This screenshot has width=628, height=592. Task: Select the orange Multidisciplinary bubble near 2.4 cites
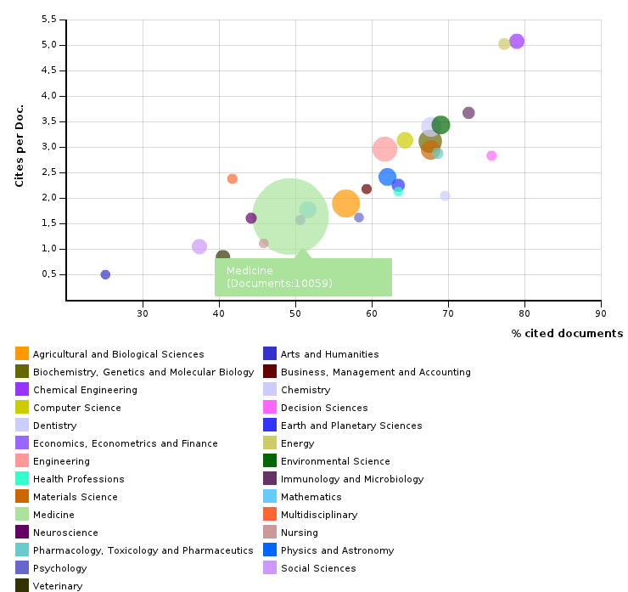pyautogui.click(x=233, y=179)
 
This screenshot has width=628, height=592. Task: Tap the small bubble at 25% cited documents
pyautogui.click(x=105, y=274)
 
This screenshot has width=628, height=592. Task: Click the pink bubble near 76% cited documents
pyautogui.click(x=491, y=155)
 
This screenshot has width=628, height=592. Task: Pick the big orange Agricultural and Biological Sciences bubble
pyautogui.click(x=345, y=204)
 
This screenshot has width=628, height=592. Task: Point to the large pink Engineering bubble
pyautogui.click(x=384, y=149)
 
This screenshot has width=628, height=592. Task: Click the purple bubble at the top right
pyautogui.click(x=517, y=42)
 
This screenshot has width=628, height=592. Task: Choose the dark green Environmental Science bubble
pyautogui.click(x=440, y=125)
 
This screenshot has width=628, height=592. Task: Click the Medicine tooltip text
pyautogui.click(x=279, y=277)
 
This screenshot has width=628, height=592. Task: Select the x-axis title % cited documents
pyautogui.click(x=566, y=333)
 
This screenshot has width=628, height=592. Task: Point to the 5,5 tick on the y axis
pyautogui.click(x=48, y=20)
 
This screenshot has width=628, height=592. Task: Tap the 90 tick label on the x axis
pyautogui.click(x=601, y=313)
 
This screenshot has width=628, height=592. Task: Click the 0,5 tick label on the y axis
pyautogui.click(x=48, y=274)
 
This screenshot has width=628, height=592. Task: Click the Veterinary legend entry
pyautogui.click(x=57, y=586)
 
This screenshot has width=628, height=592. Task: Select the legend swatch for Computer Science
pyautogui.click(x=22, y=408)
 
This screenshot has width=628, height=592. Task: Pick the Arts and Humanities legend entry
pyautogui.click(x=329, y=354)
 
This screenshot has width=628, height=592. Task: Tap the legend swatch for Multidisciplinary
pyautogui.click(x=270, y=515)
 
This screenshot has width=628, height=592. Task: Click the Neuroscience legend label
pyautogui.click(x=65, y=533)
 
